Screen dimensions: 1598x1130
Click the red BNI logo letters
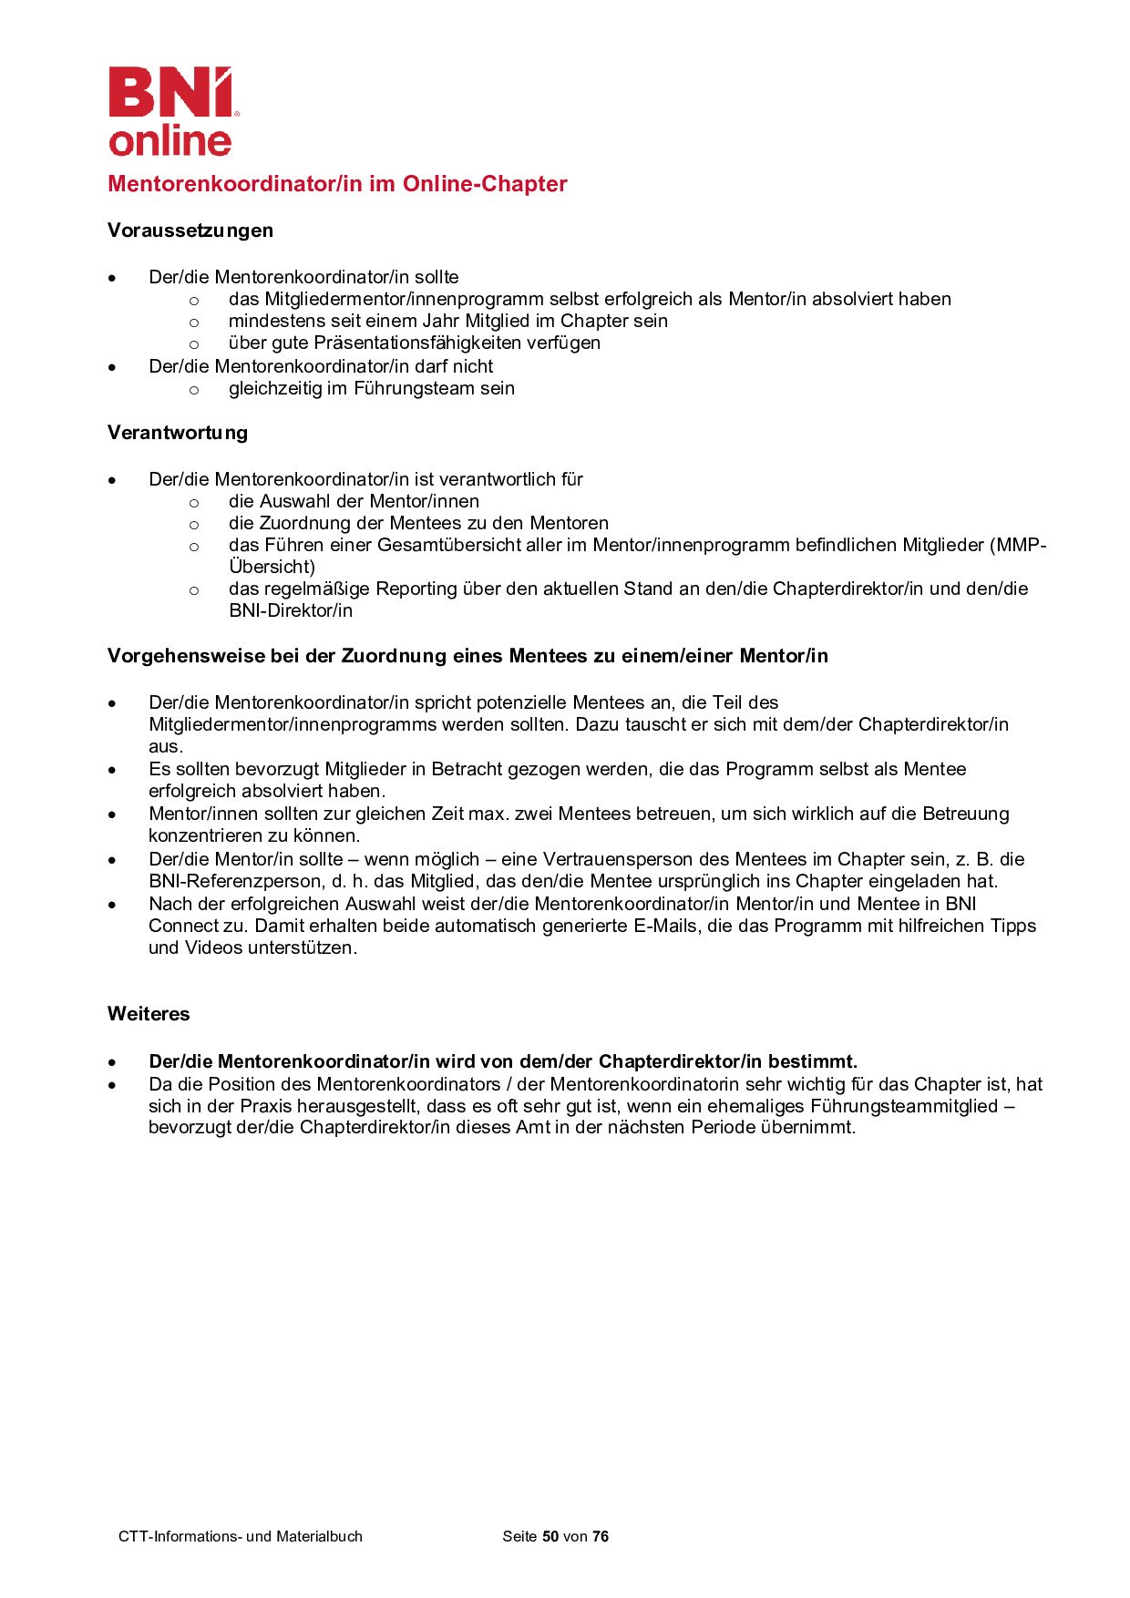169,92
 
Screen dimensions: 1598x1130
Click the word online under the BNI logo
170,140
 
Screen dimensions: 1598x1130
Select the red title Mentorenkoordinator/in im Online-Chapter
337,184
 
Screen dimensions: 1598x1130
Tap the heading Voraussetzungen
190,230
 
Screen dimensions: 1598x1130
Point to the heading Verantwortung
178,433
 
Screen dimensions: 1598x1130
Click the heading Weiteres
149,1014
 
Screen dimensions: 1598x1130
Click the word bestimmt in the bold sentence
812,1062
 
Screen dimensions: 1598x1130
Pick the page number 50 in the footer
550,1537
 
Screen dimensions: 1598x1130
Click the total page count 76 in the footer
601,1537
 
